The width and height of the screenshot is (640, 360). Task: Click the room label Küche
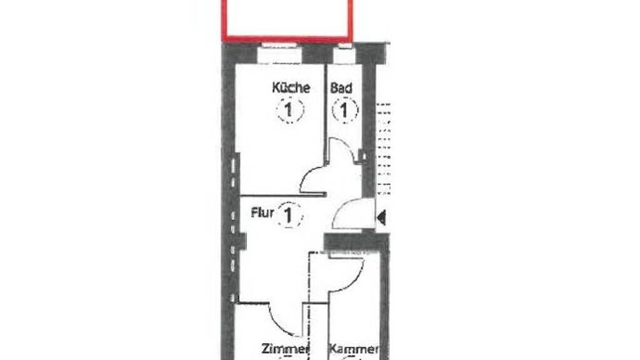[291, 87]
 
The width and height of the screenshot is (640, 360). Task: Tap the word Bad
[341, 88]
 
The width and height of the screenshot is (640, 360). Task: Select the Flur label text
[262, 212]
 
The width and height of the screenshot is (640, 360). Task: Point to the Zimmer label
[285, 349]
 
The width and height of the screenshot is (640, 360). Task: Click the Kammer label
[354, 349]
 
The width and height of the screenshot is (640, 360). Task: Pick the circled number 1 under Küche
[290, 110]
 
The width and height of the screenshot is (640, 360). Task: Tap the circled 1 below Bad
[345, 110]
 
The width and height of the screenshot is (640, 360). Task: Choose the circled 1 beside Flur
[289, 215]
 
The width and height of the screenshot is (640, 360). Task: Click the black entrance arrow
[381, 217]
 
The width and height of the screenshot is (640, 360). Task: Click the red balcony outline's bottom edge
[287, 39]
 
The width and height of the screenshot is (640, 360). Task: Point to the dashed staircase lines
[383, 149]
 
